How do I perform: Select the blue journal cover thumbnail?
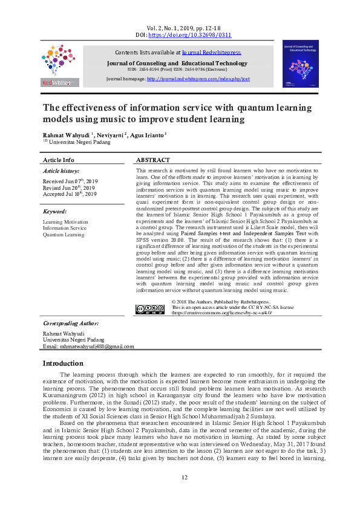point(300,64)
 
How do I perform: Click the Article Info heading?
point(58,160)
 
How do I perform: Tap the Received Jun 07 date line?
point(69,181)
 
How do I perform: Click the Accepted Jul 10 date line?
point(69,194)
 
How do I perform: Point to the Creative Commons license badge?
point(149,308)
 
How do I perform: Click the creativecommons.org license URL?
point(222,313)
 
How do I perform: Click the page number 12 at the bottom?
point(185,494)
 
